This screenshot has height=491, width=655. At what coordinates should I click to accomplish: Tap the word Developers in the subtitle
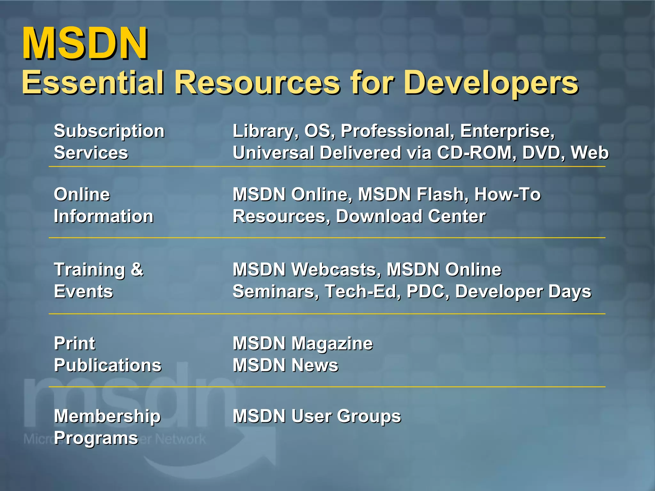point(491,83)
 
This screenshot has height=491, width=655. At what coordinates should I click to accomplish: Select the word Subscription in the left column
point(109,131)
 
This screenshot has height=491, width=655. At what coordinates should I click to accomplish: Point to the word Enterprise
point(507,131)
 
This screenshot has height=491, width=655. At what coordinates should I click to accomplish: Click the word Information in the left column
point(104,216)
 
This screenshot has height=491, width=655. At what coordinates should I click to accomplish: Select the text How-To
point(508,194)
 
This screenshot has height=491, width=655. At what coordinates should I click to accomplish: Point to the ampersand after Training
point(137,269)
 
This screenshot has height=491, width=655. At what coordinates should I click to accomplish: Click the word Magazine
point(332,344)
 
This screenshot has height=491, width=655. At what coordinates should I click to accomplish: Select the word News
point(315,365)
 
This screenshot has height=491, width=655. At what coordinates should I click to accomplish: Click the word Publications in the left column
point(108,365)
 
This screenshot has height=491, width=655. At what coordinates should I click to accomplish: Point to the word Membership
point(107,417)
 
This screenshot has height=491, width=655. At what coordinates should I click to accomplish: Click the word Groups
point(369,417)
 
